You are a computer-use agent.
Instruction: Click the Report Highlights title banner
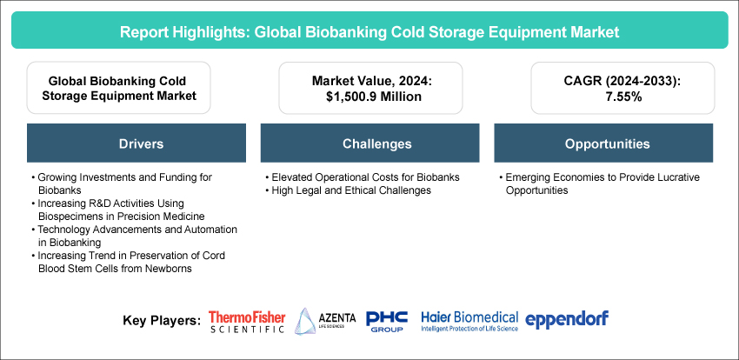point(369,30)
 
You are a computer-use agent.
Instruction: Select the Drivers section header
point(135,143)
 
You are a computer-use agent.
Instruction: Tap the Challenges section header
point(369,143)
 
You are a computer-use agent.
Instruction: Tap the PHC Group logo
point(387,321)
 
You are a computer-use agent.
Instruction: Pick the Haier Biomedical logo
point(469,321)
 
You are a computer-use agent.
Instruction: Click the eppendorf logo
point(567,318)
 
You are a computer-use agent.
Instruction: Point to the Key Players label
point(162,320)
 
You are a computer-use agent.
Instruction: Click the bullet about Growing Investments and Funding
point(122,183)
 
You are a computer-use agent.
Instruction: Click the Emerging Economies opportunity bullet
point(600,183)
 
